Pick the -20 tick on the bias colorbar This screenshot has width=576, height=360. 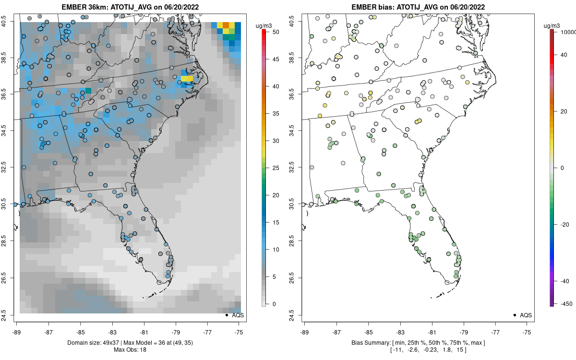click(x=564, y=224)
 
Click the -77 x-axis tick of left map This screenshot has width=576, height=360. click(x=207, y=331)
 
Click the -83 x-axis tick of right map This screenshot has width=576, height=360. click(x=400, y=331)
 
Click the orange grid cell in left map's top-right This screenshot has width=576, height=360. click(x=226, y=25)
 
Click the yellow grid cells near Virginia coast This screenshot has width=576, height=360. click(x=187, y=79)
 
